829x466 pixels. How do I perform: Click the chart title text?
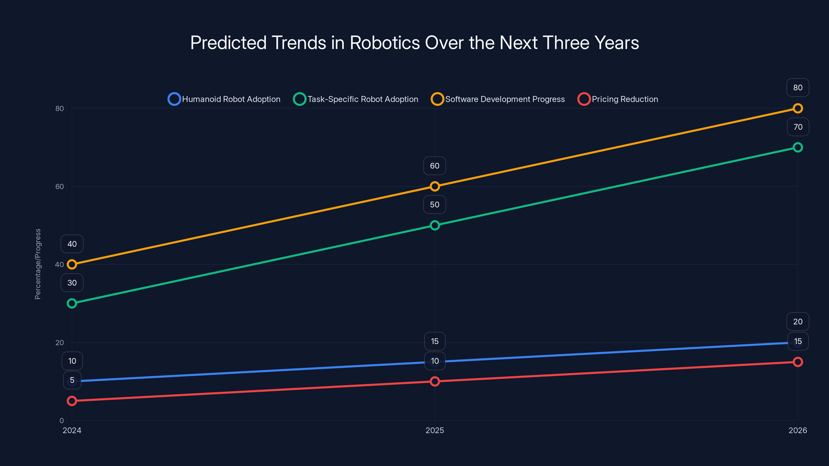[414, 43]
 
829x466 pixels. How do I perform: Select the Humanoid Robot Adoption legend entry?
[224, 99]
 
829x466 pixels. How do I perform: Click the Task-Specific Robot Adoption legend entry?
[356, 99]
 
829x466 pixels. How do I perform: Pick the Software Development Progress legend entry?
[498, 99]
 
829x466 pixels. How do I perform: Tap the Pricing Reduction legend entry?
[618, 99]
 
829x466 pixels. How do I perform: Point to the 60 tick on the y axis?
[60, 186]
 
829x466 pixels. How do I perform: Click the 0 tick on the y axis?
[61, 420]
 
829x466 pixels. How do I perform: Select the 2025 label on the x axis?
[434, 430]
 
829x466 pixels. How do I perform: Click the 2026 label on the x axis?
[797, 430]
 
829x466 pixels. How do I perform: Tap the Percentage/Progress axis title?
[38, 264]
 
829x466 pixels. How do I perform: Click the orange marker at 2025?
[435, 186]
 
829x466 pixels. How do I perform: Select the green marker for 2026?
[797, 147]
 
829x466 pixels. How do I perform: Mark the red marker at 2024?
[72, 401]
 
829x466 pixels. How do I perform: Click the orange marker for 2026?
[797, 108]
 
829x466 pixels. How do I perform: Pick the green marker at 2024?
[72, 303]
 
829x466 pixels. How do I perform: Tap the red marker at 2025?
[435, 381]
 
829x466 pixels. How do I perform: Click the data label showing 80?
[797, 88]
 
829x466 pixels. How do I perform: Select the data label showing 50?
[434, 205]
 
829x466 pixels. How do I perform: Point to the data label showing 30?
[72, 283]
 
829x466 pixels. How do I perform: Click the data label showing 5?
[72, 380]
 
